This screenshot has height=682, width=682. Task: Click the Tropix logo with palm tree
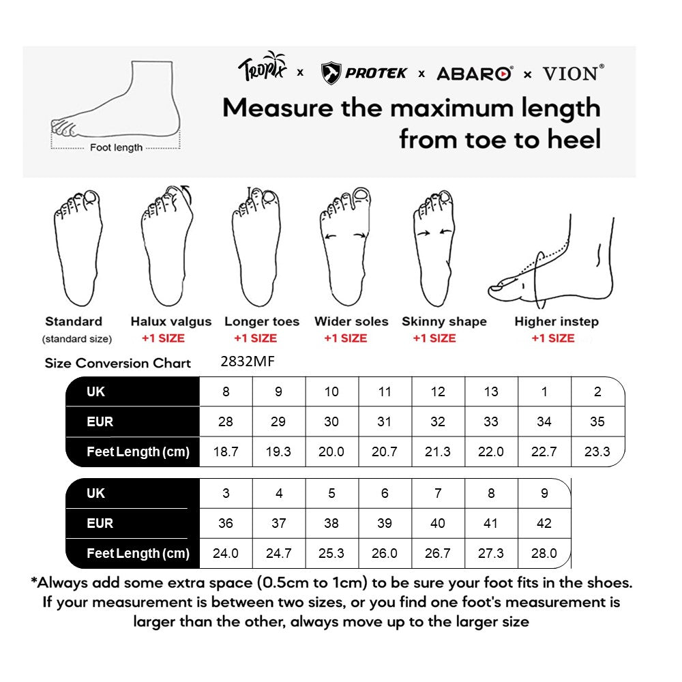tap(263, 68)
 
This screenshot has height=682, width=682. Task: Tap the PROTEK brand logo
tap(364, 73)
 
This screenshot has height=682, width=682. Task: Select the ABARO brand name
tap(474, 74)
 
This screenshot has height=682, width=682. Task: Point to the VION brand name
tap(573, 73)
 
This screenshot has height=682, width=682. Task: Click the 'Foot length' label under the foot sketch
tap(116, 147)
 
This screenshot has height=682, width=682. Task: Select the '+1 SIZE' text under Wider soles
tap(345, 338)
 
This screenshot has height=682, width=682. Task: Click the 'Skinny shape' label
tap(444, 321)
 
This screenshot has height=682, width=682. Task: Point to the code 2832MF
tap(248, 362)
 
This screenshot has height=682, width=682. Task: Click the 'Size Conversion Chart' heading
tap(118, 363)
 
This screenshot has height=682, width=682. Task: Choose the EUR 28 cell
tap(226, 421)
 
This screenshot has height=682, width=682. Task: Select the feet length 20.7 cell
tap(385, 451)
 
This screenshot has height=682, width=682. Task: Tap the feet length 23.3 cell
tap(597, 451)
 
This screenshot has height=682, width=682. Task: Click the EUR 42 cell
tap(544, 523)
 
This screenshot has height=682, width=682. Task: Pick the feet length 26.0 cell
tap(385, 553)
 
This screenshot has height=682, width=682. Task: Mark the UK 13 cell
tap(491, 391)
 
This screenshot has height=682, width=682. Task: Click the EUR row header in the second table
tap(100, 523)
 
